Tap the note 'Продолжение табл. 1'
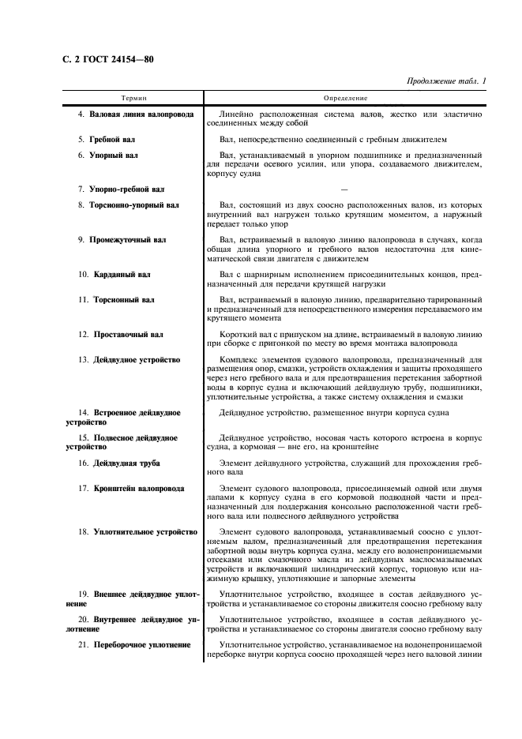click(x=445, y=81)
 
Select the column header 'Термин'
click(x=133, y=99)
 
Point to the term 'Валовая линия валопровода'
click(x=142, y=115)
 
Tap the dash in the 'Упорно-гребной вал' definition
click(x=344, y=189)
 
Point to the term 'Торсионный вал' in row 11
click(x=124, y=300)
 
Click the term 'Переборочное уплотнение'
click(x=141, y=645)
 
